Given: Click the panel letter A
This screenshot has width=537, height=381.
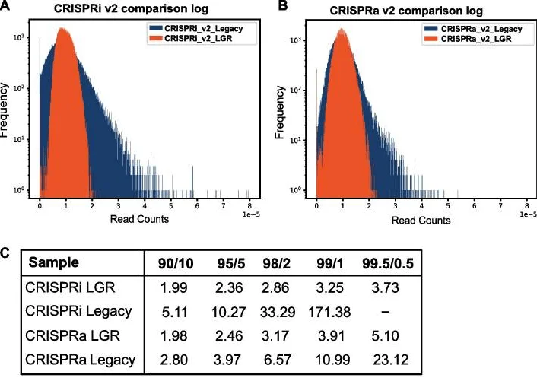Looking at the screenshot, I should click(7, 7).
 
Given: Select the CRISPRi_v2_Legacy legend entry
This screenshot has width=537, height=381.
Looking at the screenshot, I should click(205, 28).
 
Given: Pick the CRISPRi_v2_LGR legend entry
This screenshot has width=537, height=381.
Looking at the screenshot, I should click(199, 38).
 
